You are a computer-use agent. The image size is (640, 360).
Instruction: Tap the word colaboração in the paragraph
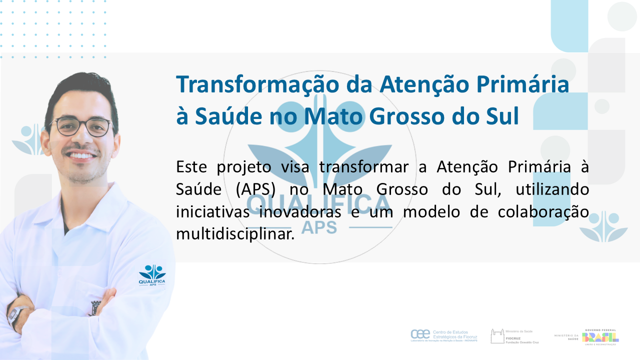(x=543, y=211)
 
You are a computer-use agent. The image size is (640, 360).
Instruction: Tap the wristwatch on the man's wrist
(x=15, y=314)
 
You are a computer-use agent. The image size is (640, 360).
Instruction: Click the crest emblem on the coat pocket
(x=95, y=307)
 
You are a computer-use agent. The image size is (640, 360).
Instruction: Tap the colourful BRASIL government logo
(x=600, y=336)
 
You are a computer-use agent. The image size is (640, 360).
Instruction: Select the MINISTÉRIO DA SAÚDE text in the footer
(x=566, y=336)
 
